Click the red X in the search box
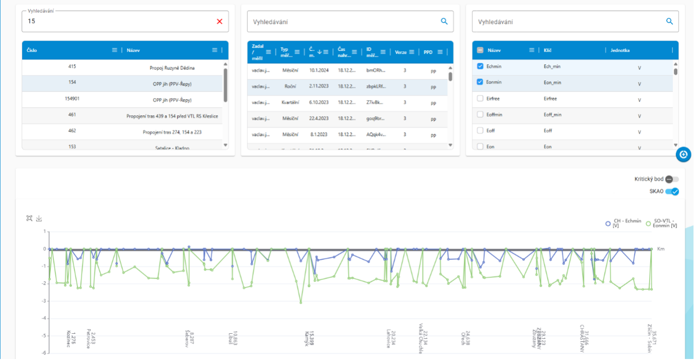coord(220,21)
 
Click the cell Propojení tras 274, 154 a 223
coord(172,132)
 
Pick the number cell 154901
coord(72,99)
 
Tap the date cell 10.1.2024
coord(319,70)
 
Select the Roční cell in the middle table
coord(290,86)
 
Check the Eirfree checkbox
coord(480,98)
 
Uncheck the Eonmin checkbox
coord(480,82)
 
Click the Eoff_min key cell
coord(552,115)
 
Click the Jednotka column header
coord(620,50)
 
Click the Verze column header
coord(400,52)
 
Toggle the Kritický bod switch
coord(672,179)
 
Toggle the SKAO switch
coord(672,192)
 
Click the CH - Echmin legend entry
coord(623,224)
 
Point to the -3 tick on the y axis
coord(44,301)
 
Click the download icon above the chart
coord(39,218)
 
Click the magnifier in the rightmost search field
coord(669,21)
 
